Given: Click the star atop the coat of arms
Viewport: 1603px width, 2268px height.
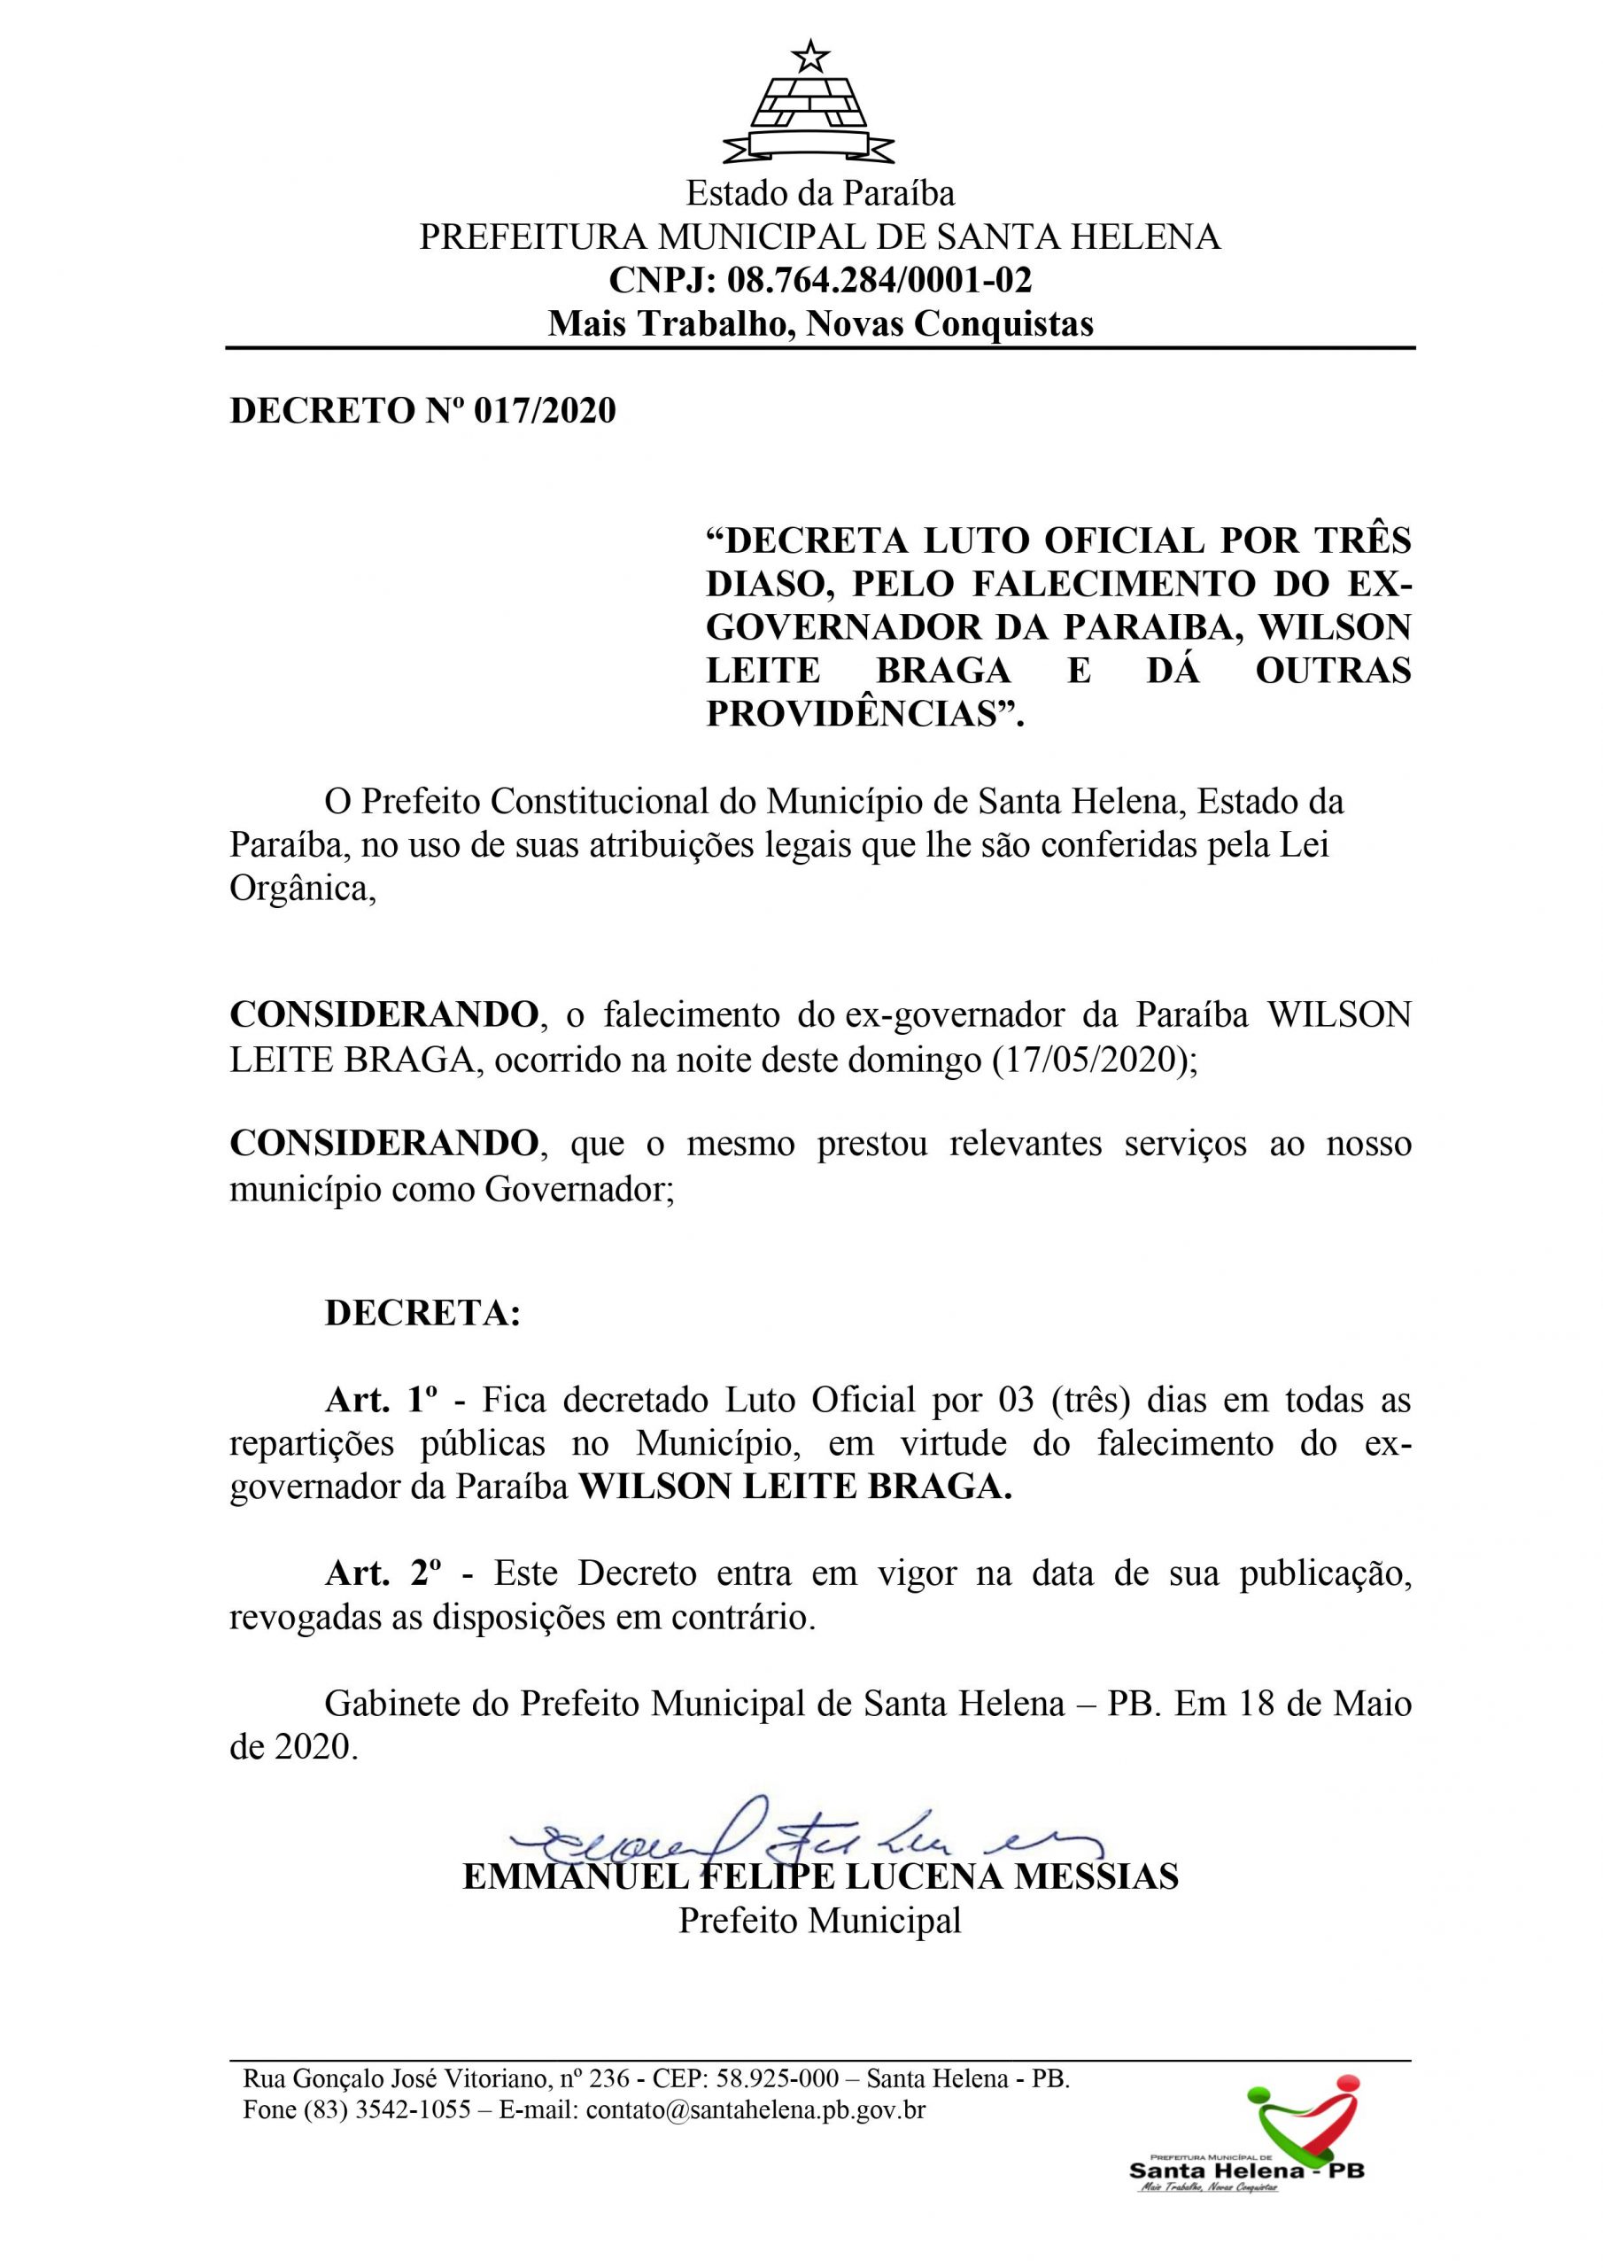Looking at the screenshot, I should tap(809, 57).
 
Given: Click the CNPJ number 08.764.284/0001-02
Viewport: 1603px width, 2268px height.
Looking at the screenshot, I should tap(879, 281).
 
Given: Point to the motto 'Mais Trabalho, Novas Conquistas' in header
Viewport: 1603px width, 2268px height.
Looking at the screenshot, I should tap(820, 324).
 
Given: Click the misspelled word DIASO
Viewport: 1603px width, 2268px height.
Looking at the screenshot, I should tap(768, 585).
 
